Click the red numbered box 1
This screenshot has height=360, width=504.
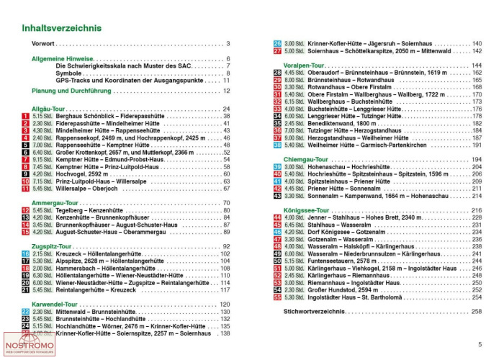pyautogui.click(x=25, y=116)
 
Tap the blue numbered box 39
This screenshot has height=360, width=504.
pyautogui.click(x=277, y=166)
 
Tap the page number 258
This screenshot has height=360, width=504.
pyautogui.click(x=476, y=311)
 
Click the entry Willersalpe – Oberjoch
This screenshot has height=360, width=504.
pyautogui.click(x=73, y=189)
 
